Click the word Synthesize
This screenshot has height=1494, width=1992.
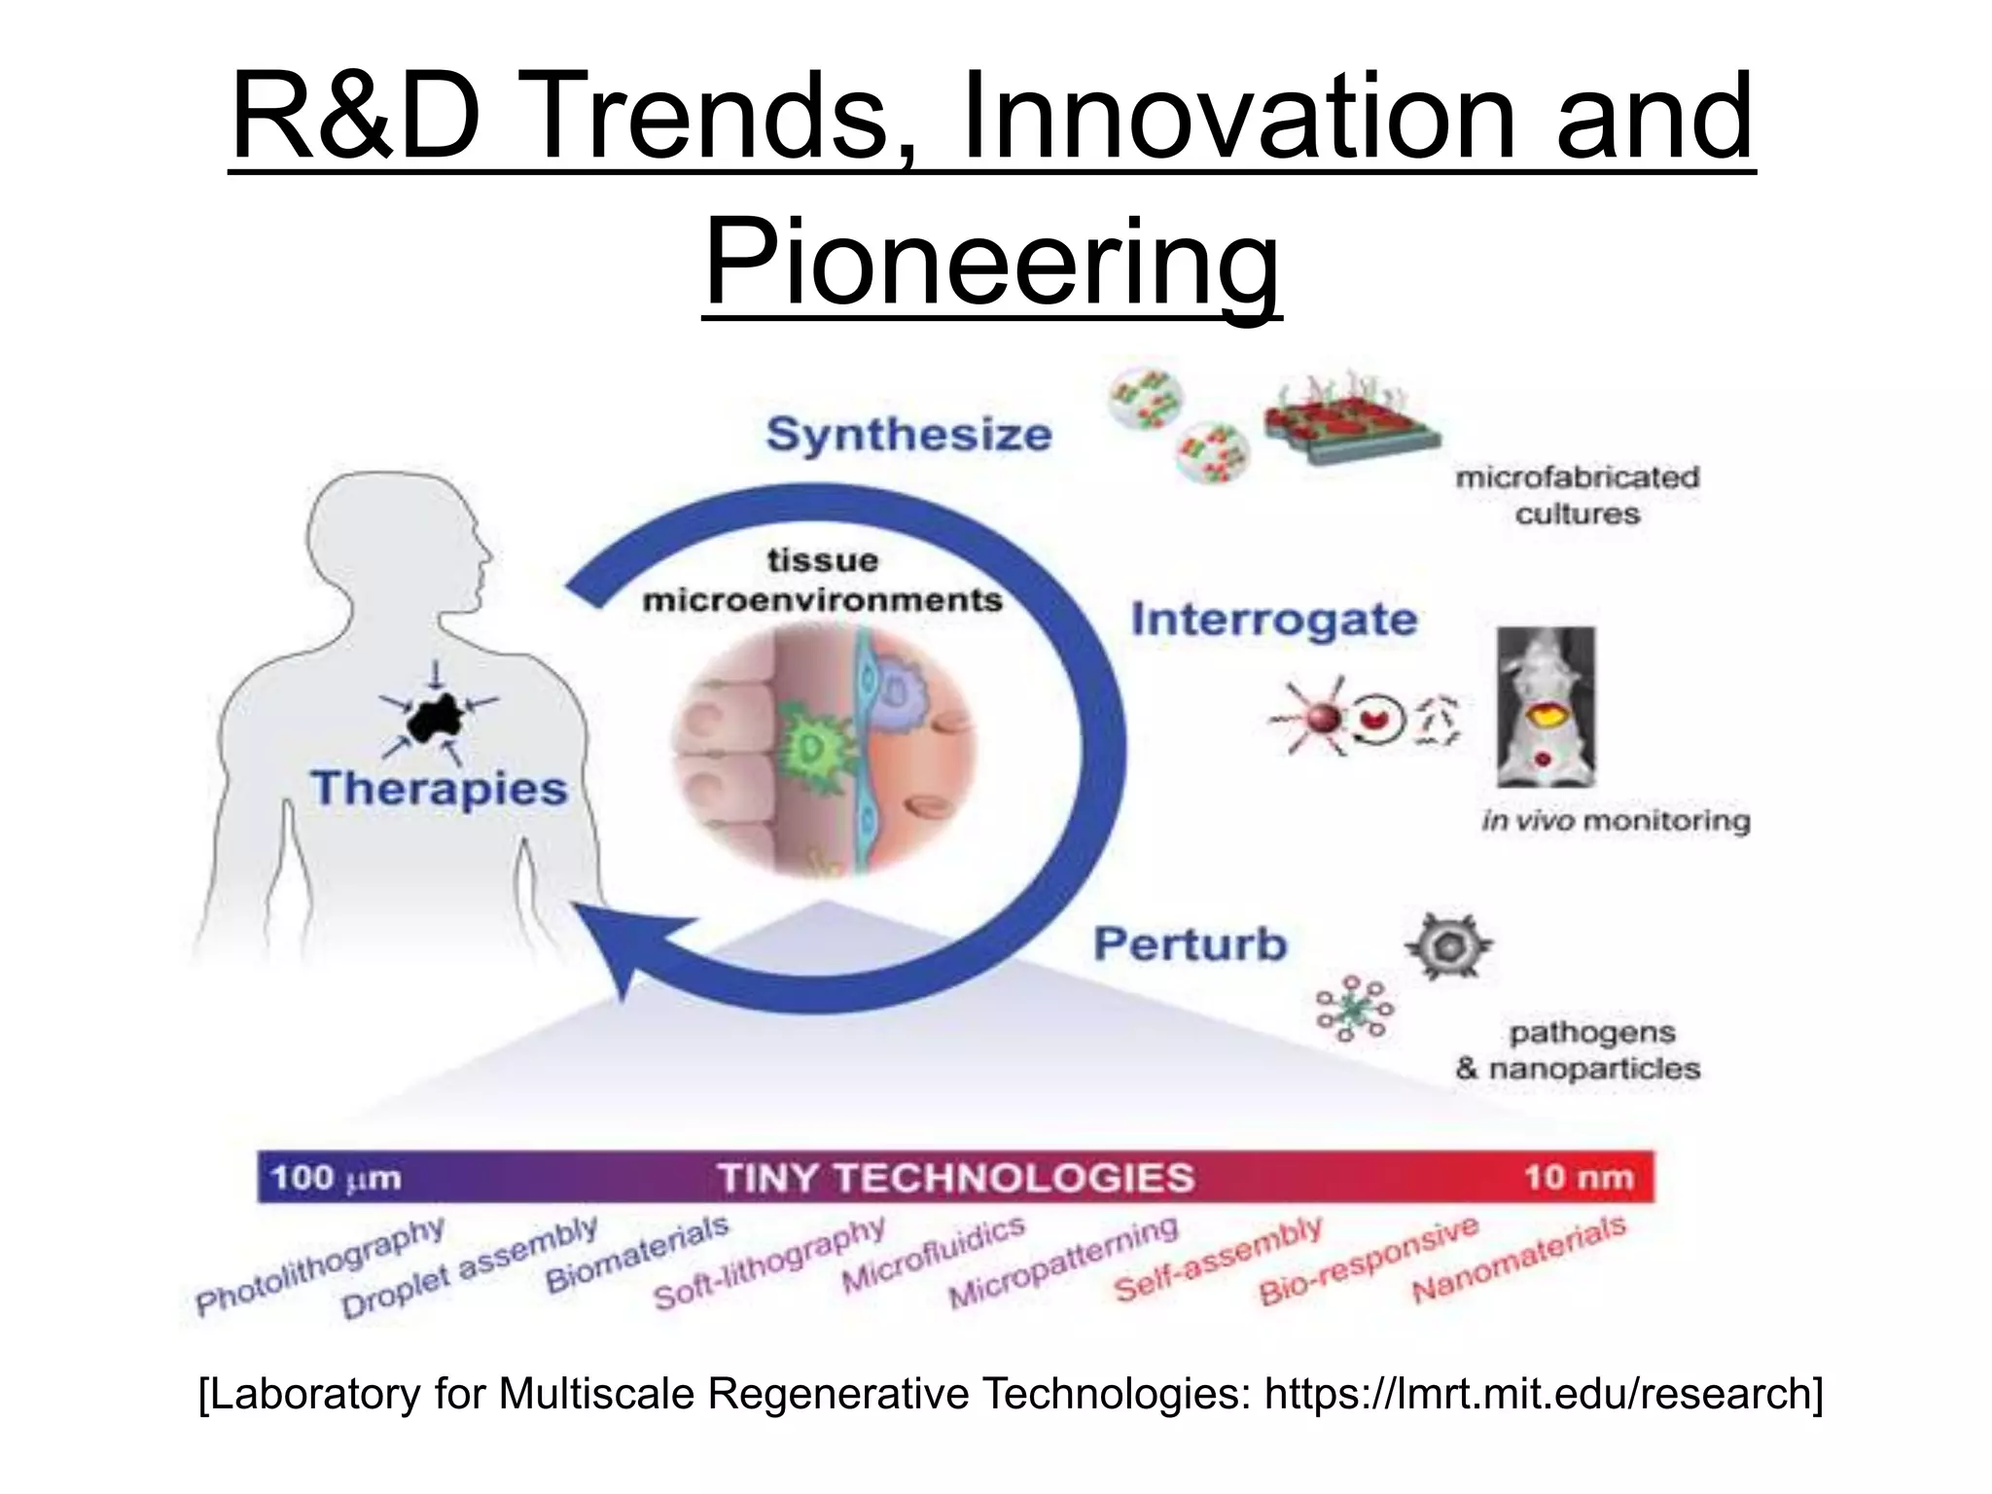pos(908,435)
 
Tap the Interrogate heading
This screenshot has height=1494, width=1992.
pos(1273,620)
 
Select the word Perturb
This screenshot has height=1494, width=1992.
pos(1190,944)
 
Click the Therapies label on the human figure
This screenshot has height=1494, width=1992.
pos(439,788)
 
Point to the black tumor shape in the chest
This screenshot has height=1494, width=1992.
pos(435,721)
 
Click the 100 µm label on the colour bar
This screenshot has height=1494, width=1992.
pos(336,1178)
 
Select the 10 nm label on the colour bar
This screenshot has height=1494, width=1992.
pos(1578,1178)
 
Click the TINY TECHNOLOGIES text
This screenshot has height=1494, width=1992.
pos(955,1178)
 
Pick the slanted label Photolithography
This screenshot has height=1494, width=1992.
pos(320,1266)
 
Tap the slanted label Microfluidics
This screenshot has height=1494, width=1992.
pos(933,1255)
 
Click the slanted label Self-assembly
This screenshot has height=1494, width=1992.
pos(1217,1260)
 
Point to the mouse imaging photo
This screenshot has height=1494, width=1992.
pos(1546,707)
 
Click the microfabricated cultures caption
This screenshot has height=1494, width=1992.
pos(1577,495)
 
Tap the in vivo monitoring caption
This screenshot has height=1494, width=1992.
pos(1615,822)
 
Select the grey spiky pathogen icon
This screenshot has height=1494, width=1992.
pos(1448,945)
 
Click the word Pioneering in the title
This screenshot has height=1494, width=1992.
pos(991,261)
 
